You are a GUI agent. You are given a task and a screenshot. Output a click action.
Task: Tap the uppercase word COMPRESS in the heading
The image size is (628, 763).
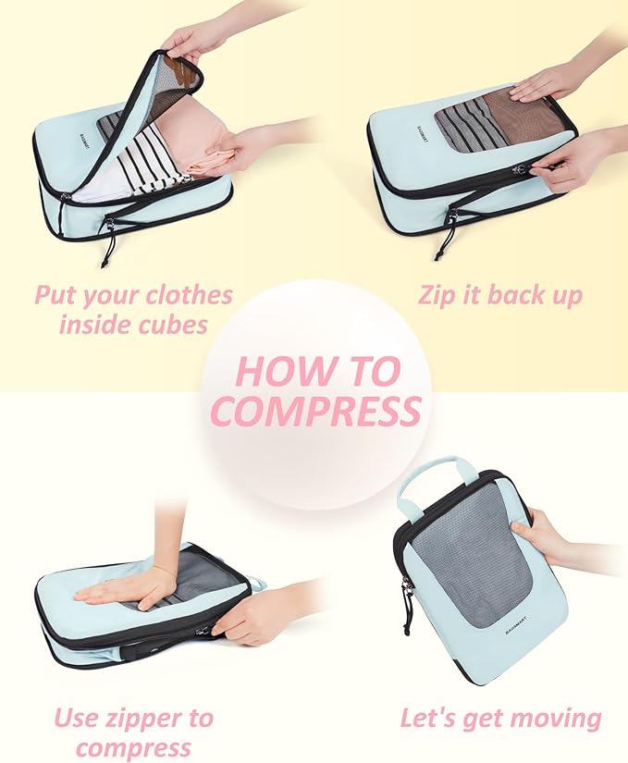(x=316, y=411)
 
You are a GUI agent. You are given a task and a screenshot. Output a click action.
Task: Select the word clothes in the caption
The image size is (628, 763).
(x=181, y=296)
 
